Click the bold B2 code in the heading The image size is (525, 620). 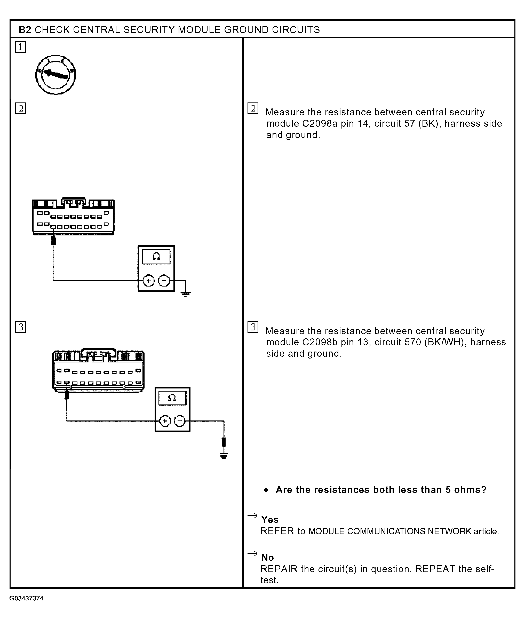pyautogui.click(x=25, y=30)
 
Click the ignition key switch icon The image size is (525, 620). pyautogui.click(x=56, y=75)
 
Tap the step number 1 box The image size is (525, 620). pyautogui.click(x=21, y=47)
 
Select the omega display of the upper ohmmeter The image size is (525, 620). pyautogui.click(x=156, y=257)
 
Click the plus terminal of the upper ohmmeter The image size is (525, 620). pyautogui.click(x=148, y=281)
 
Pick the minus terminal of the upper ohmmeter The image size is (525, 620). pyautogui.click(x=164, y=281)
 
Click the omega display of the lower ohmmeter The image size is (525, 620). pyautogui.click(x=172, y=398)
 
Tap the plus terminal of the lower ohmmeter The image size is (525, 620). pyautogui.click(x=165, y=421)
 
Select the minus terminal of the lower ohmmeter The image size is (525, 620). pyautogui.click(x=179, y=421)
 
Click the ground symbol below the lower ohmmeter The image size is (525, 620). pyautogui.click(x=224, y=455)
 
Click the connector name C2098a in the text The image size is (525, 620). pyautogui.click(x=320, y=124)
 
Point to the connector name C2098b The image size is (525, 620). pyautogui.click(x=320, y=342)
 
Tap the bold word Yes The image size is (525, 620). pyautogui.click(x=270, y=519)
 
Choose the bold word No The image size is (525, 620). pyautogui.click(x=267, y=558)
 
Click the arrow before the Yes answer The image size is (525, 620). pyautogui.click(x=252, y=515)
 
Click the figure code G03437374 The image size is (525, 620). pyautogui.click(x=27, y=598)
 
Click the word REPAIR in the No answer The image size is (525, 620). pyautogui.click(x=279, y=569)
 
